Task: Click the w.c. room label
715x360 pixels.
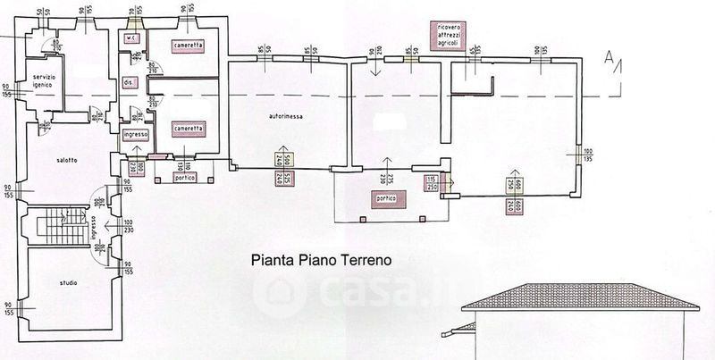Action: coord(130,38)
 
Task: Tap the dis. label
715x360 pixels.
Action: coord(129,82)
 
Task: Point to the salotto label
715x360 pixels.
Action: coord(65,160)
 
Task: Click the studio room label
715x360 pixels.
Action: coord(67,283)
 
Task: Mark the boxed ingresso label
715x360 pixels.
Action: coord(135,134)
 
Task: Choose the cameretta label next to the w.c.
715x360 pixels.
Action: coord(189,44)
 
